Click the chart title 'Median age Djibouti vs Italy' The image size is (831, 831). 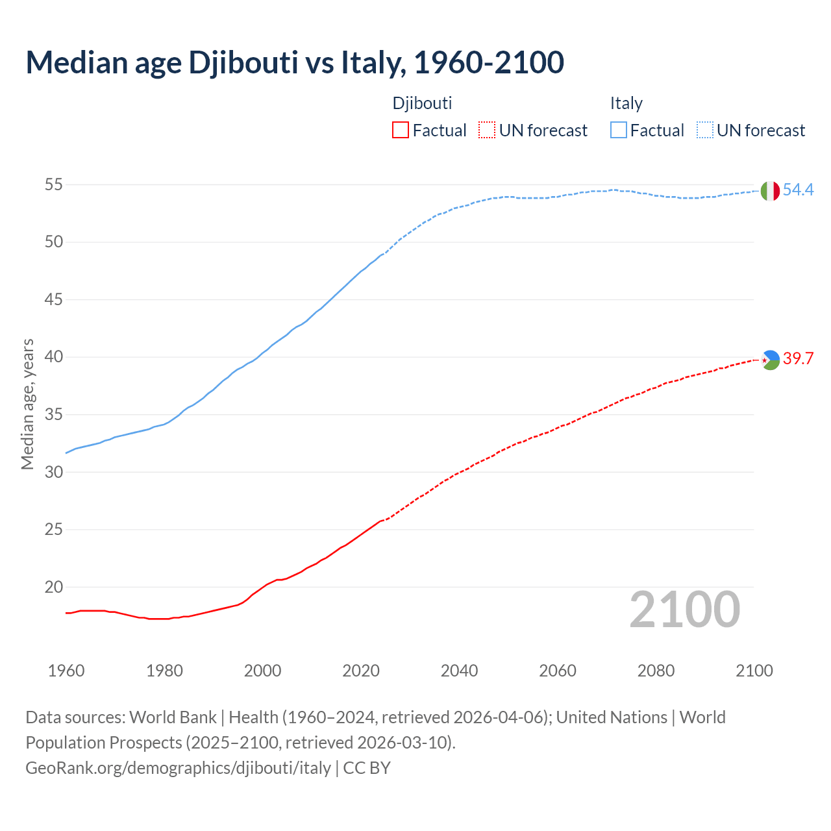point(295,62)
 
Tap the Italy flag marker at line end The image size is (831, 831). point(770,191)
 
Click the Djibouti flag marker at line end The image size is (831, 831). point(770,360)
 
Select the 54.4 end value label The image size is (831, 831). point(798,190)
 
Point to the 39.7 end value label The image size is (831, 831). point(798,359)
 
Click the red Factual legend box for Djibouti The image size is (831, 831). point(401,130)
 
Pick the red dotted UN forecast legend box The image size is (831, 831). point(487,130)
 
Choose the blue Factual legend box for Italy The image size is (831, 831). point(619,130)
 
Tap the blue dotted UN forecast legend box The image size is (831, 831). point(704,130)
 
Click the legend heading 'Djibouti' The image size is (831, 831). point(422,103)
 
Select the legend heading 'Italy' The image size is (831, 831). point(626,103)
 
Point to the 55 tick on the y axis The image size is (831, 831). point(54,185)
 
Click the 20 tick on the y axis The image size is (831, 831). point(54,587)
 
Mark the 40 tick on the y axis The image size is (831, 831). point(54,357)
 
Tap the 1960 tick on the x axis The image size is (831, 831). point(66,671)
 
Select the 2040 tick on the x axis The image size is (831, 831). point(459,671)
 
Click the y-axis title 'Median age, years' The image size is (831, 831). point(27,404)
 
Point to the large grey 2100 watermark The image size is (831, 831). point(685,609)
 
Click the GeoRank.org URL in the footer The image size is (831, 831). point(178,768)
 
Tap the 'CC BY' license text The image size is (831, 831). point(367,768)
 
